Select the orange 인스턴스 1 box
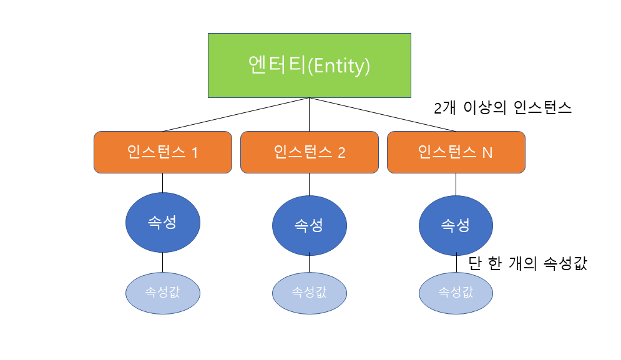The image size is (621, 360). [162, 152]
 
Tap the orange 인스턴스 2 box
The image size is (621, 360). [309, 152]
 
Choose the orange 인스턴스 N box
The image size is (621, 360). [456, 152]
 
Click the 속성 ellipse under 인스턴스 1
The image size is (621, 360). [163, 223]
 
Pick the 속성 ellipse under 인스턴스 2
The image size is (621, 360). [309, 225]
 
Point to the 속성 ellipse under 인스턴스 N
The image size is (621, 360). [456, 225]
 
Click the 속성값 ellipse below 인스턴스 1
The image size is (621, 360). [163, 292]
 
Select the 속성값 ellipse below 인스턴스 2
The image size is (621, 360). [309, 292]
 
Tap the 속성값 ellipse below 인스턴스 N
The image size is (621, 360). [456, 292]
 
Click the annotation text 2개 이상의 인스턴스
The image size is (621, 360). [502, 107]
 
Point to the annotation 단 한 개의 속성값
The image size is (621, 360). [527, 263]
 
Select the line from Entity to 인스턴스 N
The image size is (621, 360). [382, 115]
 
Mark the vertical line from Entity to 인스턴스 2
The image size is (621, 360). [309, 115]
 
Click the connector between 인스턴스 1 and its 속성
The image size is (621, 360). [163, 182]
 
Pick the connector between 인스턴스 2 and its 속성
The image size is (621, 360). [309, 185]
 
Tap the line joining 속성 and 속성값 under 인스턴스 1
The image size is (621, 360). [163, 262]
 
